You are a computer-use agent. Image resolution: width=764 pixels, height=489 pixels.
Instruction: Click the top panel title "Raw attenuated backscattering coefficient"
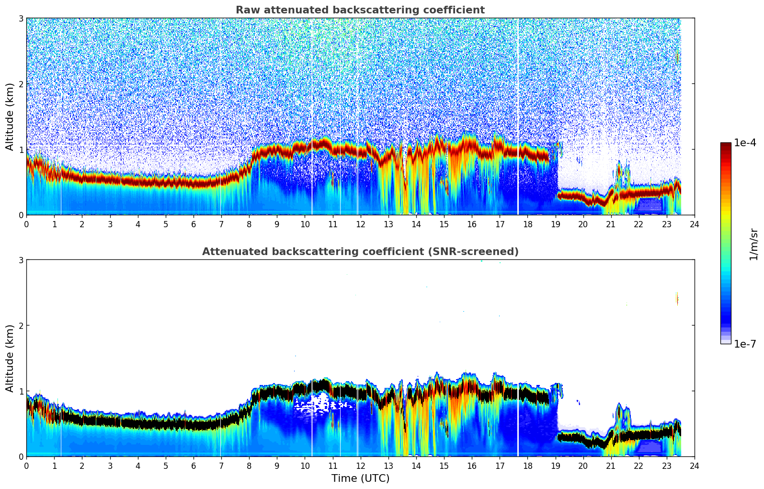(360, 10)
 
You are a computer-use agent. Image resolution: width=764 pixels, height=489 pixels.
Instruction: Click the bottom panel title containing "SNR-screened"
(360, 252)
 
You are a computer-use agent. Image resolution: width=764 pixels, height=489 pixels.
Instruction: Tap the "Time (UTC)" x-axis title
(360, 478)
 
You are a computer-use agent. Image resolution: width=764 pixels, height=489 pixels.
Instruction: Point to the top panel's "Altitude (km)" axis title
(10, 116)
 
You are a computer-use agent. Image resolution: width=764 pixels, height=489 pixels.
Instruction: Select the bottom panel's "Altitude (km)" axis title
(10, 358)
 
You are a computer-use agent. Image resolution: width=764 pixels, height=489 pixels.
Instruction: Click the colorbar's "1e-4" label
(745, 143)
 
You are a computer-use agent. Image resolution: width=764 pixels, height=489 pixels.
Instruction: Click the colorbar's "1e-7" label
(745, 344)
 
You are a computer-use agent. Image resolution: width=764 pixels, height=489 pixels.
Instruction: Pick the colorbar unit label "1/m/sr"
(753, 244)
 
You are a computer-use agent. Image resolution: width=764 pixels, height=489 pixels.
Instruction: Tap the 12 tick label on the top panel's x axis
(360, 224)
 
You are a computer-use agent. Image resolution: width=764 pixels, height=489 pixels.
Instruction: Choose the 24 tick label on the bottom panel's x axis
(694, 466)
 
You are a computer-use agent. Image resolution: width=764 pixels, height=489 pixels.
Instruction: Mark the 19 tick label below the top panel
(555, 224)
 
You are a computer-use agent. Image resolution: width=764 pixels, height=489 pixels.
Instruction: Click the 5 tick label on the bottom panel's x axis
(166, 466)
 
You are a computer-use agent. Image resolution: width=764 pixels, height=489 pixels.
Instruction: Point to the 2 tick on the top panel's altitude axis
(21, 84)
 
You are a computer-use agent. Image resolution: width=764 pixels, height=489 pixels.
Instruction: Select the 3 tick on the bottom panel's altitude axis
(21, 260)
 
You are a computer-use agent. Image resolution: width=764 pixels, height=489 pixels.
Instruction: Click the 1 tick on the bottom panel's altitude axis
(21, 391)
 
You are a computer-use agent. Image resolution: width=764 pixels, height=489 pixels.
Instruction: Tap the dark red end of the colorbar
(726, 145)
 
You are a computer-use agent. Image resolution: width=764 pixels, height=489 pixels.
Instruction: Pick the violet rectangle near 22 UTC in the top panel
(649, 205)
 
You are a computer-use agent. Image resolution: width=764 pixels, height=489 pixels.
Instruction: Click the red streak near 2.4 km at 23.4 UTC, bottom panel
(677, 298)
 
